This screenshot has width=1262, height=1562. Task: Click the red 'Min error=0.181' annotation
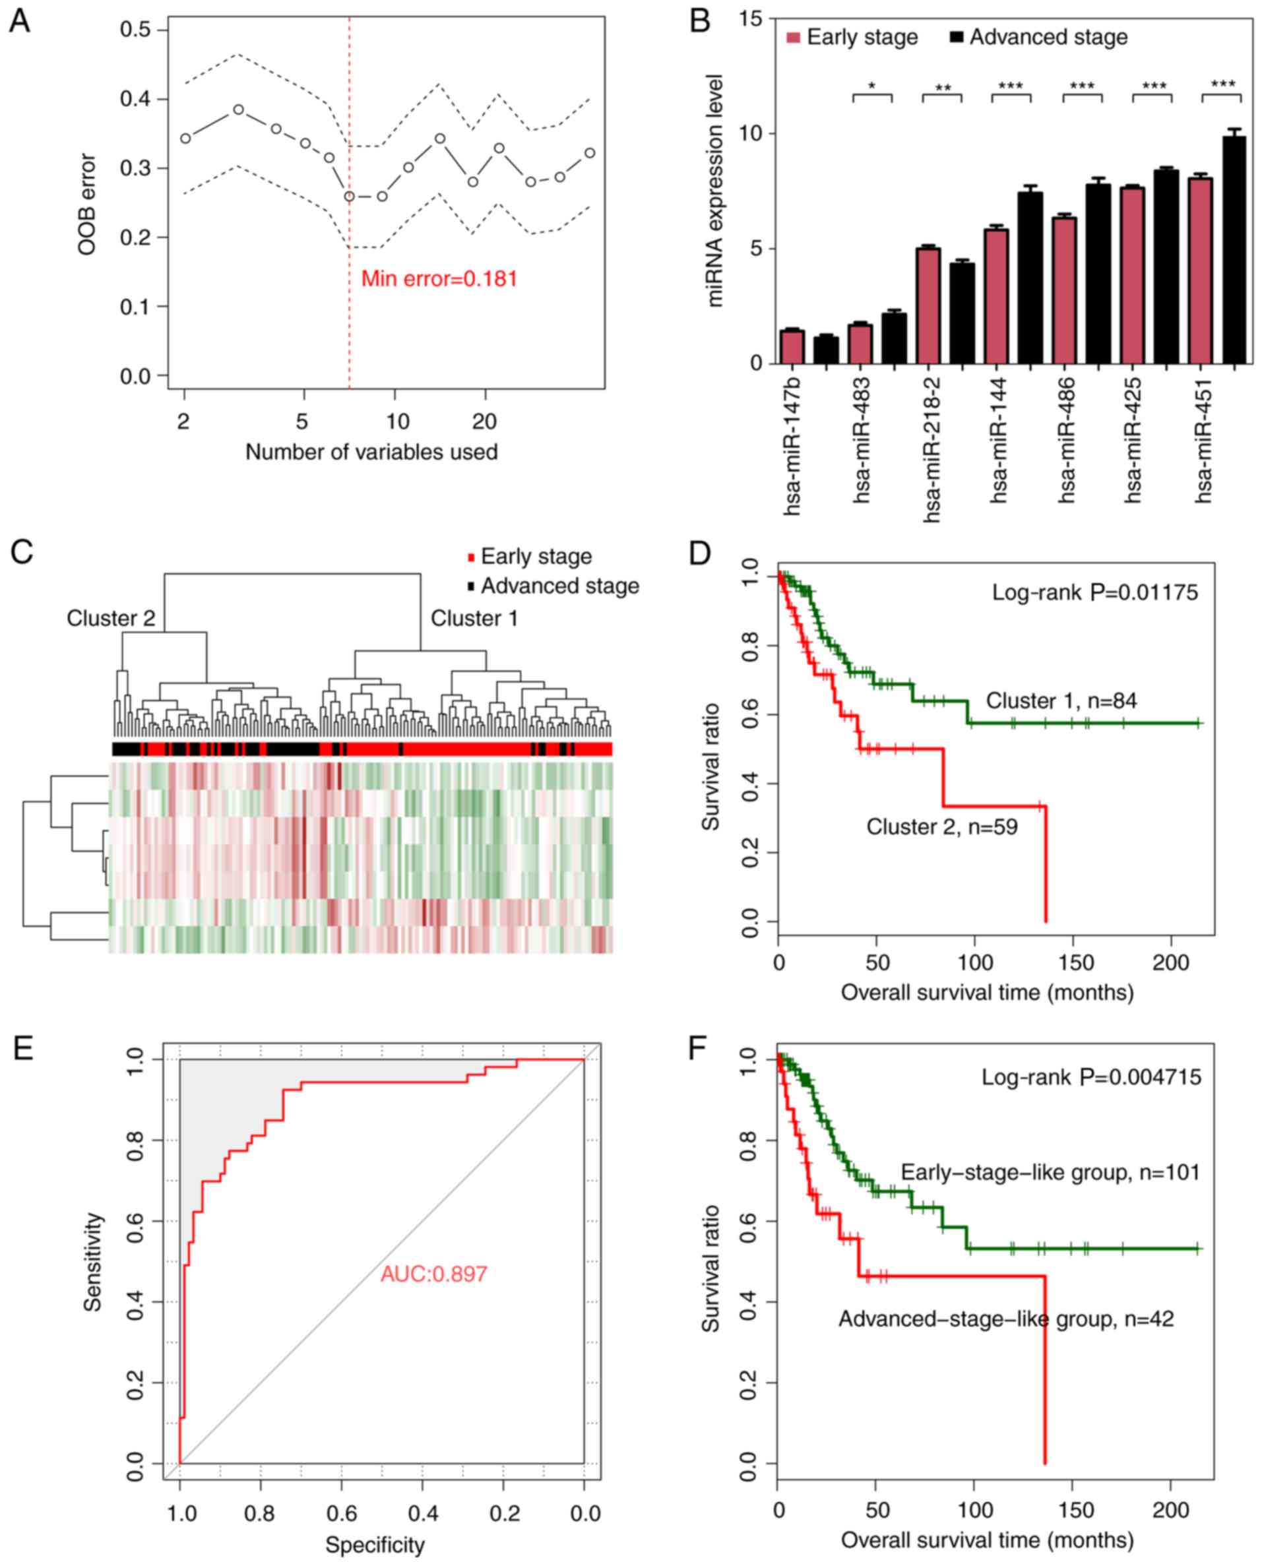439,279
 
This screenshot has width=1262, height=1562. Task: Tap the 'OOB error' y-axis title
86,204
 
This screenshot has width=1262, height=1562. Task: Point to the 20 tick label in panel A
484,422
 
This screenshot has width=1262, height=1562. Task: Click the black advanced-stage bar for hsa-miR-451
1234,250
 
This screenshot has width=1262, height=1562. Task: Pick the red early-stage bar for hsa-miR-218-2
928,306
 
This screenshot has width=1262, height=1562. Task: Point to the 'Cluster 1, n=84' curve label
1061,701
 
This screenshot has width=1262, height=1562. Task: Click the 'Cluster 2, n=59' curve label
941,827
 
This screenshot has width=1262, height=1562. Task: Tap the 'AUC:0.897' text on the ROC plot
434,1274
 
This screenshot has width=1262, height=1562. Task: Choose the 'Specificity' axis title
375,1546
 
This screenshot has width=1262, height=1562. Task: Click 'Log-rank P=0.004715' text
1091,1077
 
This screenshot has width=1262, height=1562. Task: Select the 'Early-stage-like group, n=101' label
1050,1172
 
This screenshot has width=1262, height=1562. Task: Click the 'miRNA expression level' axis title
715,191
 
